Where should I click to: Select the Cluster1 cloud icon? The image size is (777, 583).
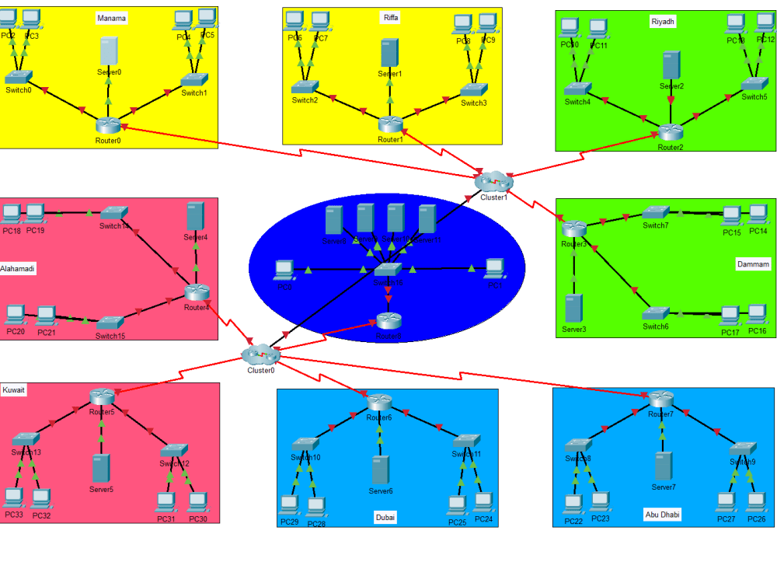493,181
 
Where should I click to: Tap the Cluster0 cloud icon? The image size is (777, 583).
259,354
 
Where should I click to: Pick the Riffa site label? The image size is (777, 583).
391,18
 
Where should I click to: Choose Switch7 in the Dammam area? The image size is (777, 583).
656,212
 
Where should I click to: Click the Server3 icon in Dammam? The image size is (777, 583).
573,309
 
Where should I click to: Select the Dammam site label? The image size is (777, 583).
753,264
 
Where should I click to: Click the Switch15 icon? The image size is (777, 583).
110,322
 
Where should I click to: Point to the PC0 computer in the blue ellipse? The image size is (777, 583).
284,270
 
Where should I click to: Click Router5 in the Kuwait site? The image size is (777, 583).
102,397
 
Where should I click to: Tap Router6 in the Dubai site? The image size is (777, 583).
378,402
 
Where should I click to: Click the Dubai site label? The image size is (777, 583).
386,517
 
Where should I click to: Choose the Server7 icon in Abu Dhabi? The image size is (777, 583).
663,466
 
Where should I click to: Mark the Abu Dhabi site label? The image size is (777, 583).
662,515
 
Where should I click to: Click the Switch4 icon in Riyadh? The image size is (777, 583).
578,89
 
